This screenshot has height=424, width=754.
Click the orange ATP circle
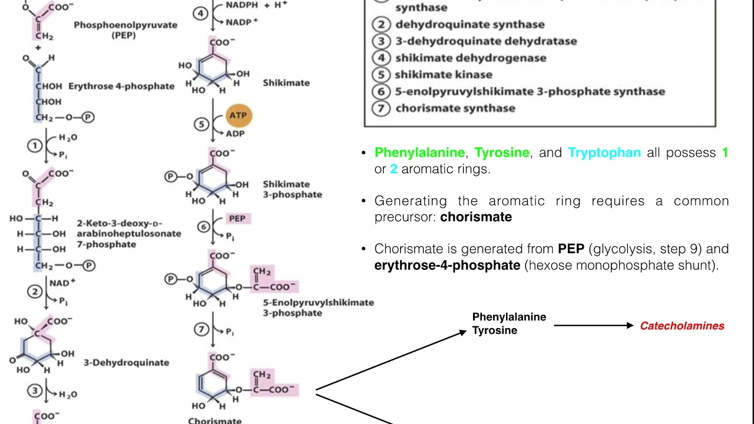[238, 115]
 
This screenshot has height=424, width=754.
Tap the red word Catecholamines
[682, 326]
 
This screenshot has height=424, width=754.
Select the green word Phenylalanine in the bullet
[419, 153]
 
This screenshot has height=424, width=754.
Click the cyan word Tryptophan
[604, 153]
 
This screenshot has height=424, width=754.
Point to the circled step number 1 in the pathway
[35, 146]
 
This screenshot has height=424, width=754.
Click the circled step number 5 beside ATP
[202, 124]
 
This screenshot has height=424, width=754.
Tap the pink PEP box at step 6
[239, 218]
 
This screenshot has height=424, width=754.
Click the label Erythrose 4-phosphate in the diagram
[121, 86]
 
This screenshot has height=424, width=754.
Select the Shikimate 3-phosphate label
[292, 189]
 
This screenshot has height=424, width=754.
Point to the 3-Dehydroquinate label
[126, 362]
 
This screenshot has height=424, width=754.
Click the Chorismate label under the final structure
[214, 420]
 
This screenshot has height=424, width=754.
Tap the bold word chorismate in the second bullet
[476, 217]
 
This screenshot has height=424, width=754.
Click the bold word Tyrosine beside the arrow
[495, 330]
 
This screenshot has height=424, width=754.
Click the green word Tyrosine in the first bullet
[502, 153]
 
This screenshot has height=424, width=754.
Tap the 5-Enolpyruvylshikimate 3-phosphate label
[318, 307]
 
